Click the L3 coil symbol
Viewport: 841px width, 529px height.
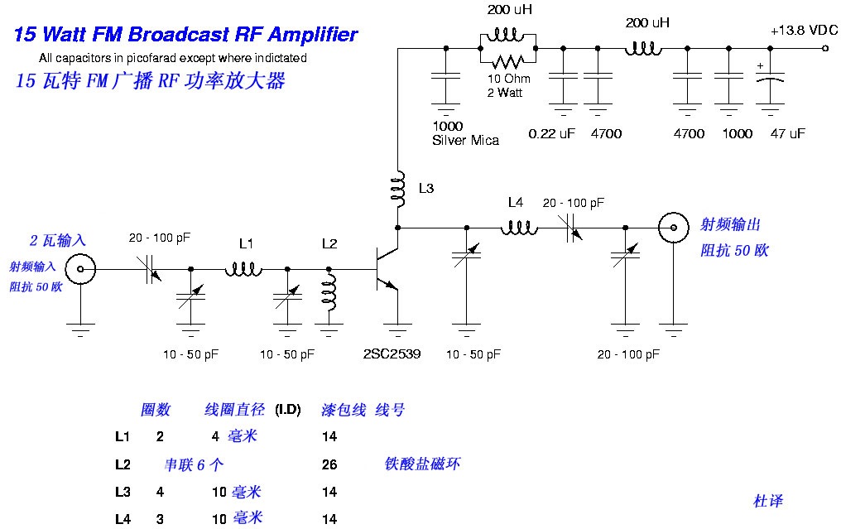(398, 190)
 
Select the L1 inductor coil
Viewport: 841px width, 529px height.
(243, 268)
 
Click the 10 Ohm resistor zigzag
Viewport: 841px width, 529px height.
(508, 61)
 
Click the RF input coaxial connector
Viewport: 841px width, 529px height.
(81, 268)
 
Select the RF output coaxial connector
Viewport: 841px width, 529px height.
(674, 226)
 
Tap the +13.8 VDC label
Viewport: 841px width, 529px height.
(804, 31)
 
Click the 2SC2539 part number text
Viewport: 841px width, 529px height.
(392, 353)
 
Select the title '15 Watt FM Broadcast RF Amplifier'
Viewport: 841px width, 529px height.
(185, 35)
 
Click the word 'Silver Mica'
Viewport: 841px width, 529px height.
(465, 141)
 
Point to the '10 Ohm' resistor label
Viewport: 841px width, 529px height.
(509, 79)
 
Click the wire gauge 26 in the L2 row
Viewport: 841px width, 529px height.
(329, 464)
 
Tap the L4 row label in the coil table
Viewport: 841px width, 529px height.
(123, 519)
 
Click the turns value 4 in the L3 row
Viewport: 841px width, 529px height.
(160, 492)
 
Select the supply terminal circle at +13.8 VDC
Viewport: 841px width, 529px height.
(824, 49)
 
